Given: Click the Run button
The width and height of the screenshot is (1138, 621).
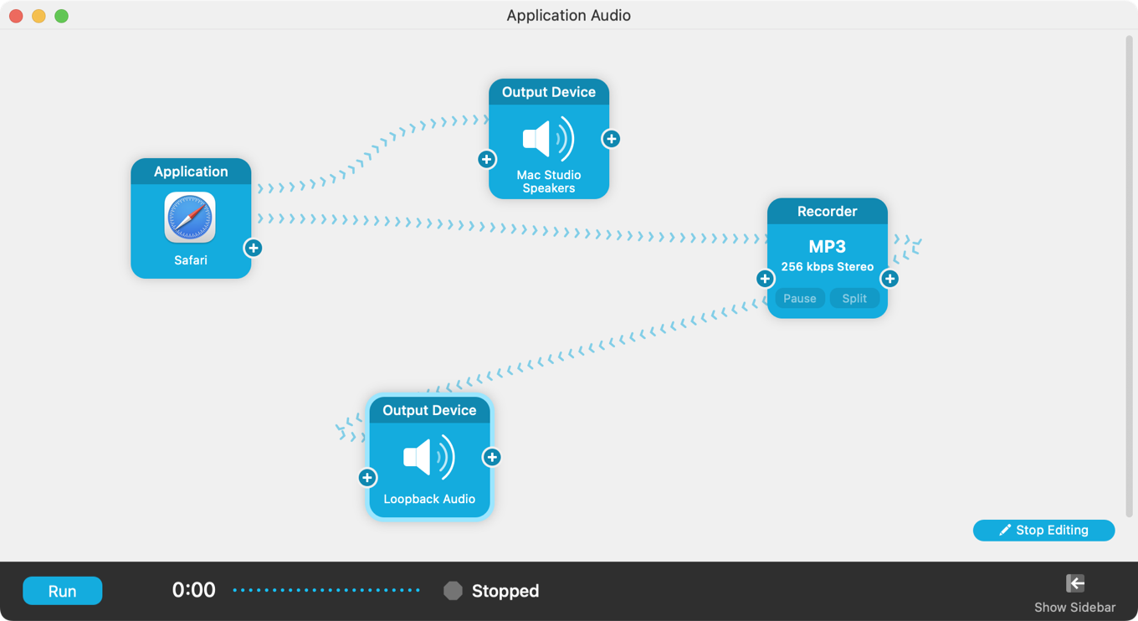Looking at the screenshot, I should coord(62,591).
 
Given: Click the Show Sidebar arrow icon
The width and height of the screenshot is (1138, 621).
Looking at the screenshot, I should coord(1075,583).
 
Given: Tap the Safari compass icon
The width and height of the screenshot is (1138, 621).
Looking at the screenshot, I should coord(190,218).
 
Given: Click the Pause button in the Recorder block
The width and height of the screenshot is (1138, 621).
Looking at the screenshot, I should coord(799,299).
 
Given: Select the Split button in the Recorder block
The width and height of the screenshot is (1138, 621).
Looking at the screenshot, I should coord(854,299).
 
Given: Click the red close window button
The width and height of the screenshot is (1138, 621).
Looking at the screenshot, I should coord(16,16).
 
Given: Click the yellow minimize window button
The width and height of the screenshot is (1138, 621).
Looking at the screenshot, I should coord(38,16).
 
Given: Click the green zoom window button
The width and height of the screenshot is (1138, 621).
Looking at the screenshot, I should coord(61,16).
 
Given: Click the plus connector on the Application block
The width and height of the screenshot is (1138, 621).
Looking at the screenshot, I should coord(253,248).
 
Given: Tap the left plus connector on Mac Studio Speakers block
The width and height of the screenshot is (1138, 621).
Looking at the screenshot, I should coord(486,159).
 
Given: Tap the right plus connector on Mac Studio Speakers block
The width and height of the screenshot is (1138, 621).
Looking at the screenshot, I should coord(611,139).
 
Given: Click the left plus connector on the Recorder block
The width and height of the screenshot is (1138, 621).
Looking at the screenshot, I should coord(765,279).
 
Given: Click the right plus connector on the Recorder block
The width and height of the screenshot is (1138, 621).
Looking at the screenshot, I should coord(889,279).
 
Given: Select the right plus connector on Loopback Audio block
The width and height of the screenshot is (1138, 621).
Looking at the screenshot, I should coord(492,457).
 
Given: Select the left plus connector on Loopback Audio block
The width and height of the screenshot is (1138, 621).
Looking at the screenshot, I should coord(367,477).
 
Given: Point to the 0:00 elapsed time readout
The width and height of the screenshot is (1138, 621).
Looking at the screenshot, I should coord(193,590).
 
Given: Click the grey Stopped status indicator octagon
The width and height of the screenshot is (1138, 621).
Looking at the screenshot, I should coord(453,591).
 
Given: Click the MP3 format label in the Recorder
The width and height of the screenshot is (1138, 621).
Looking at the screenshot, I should coord(827,247).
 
